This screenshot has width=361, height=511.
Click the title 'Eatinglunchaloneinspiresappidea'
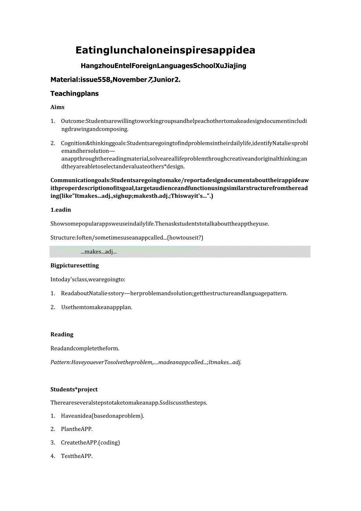165,50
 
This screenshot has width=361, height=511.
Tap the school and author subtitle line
163,66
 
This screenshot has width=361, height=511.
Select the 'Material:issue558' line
115,79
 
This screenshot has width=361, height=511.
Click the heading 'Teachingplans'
75,93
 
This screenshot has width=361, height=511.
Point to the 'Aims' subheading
57,107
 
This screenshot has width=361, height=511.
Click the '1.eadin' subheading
61,210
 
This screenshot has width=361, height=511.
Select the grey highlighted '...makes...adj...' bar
180,252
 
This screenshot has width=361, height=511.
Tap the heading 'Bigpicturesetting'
75,266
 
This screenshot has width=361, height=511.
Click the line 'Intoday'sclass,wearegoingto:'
88,279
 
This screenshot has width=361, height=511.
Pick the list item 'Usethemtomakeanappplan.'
97,307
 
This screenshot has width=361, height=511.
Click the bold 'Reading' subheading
62,334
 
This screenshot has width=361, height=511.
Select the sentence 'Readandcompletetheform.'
85,348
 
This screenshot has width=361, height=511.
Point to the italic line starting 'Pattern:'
146,362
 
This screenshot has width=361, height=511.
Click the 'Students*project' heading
74,389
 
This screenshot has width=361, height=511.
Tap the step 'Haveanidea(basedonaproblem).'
102,416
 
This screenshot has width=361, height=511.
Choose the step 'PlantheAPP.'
77,429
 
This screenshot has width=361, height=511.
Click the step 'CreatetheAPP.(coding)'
90,442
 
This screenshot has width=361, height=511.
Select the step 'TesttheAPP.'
77,456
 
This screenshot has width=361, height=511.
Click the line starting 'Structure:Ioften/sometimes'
127,237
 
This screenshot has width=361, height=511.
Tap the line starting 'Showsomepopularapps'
160,224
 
